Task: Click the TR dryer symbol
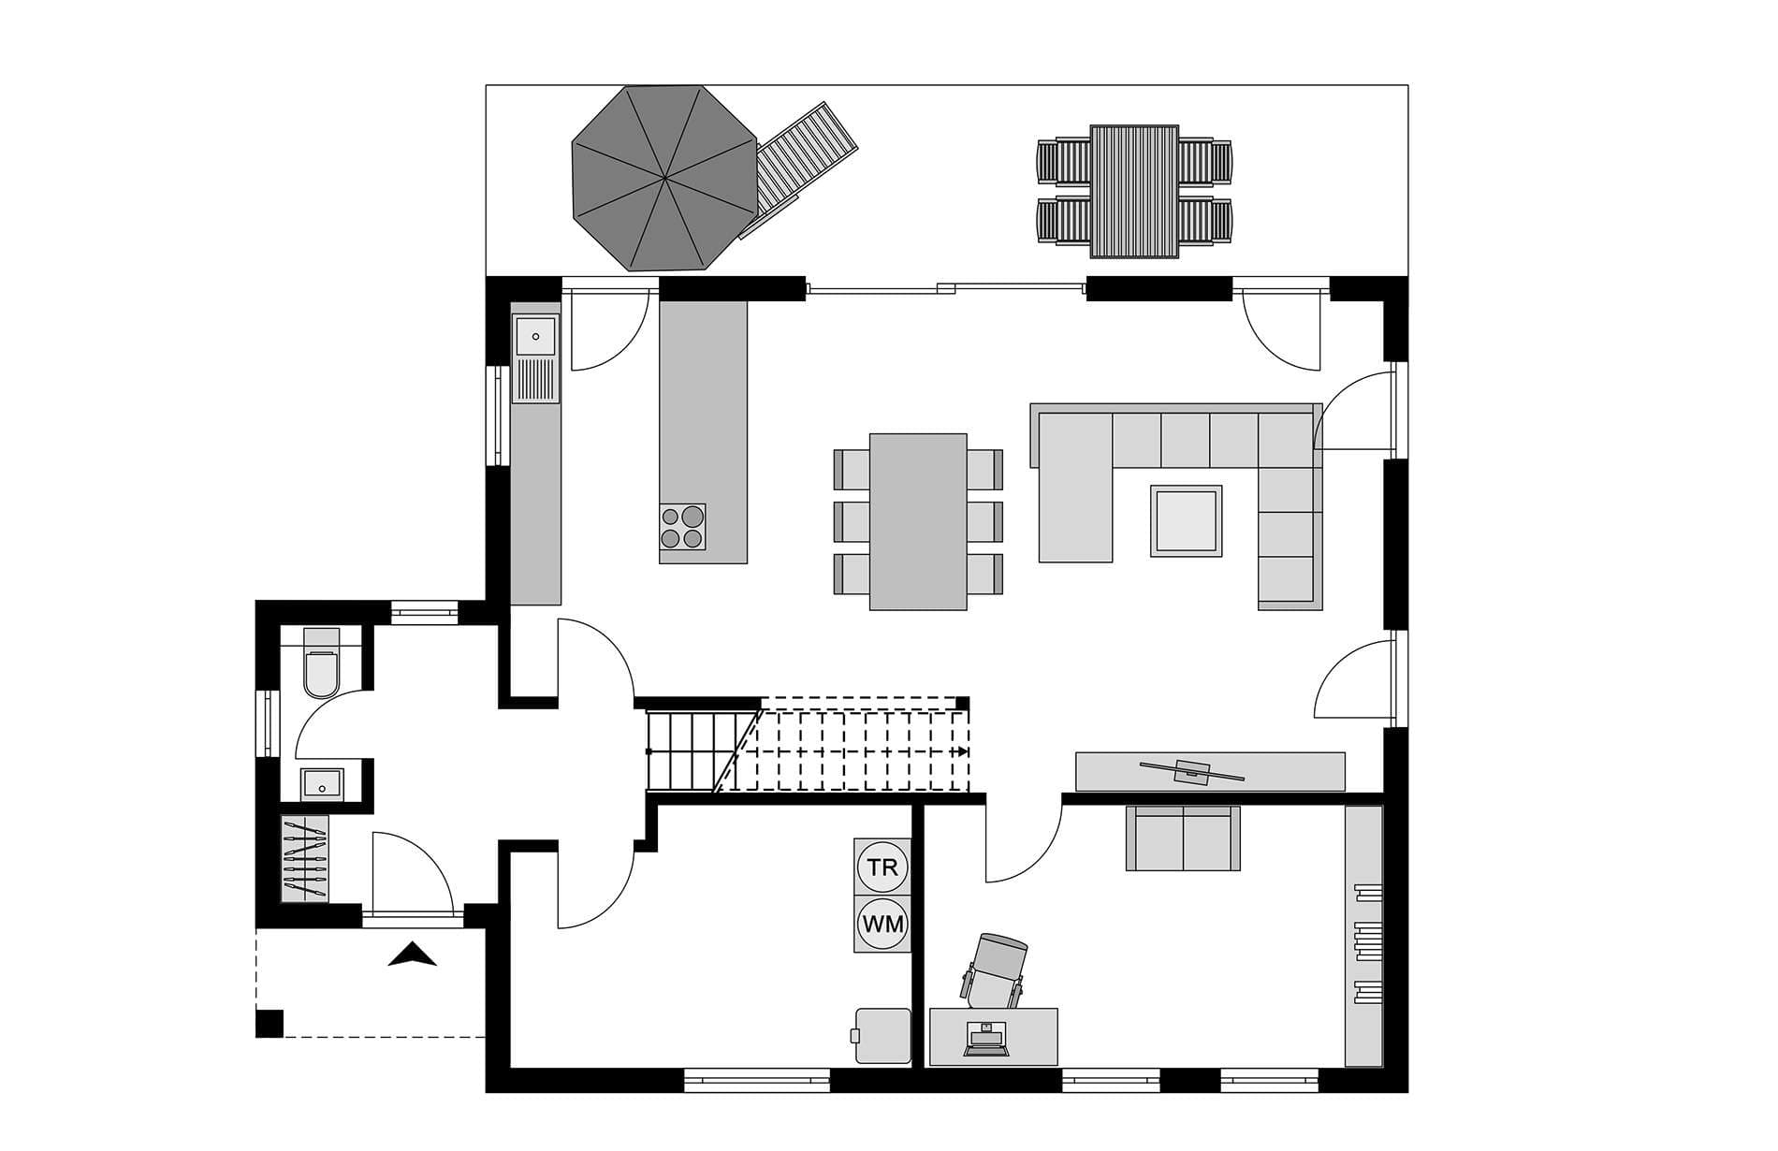click(882, 867)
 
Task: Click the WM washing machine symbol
click(882, 925)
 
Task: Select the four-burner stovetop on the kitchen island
click(682, 526)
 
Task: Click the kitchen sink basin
click(536, 335)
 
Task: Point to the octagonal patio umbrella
click(664, 177)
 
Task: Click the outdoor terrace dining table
click(1134, 191)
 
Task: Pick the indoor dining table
click(918, 521)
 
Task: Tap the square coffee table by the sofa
click(1187, 520)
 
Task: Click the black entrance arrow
click(413, 954)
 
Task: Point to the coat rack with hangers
click(306, 858)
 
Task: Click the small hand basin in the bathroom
click(322, 784)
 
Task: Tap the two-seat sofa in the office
click(1183, 838)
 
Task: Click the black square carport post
click(270, 1024)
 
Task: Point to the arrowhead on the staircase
click(963, 751)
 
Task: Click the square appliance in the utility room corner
click(882, 1035)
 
